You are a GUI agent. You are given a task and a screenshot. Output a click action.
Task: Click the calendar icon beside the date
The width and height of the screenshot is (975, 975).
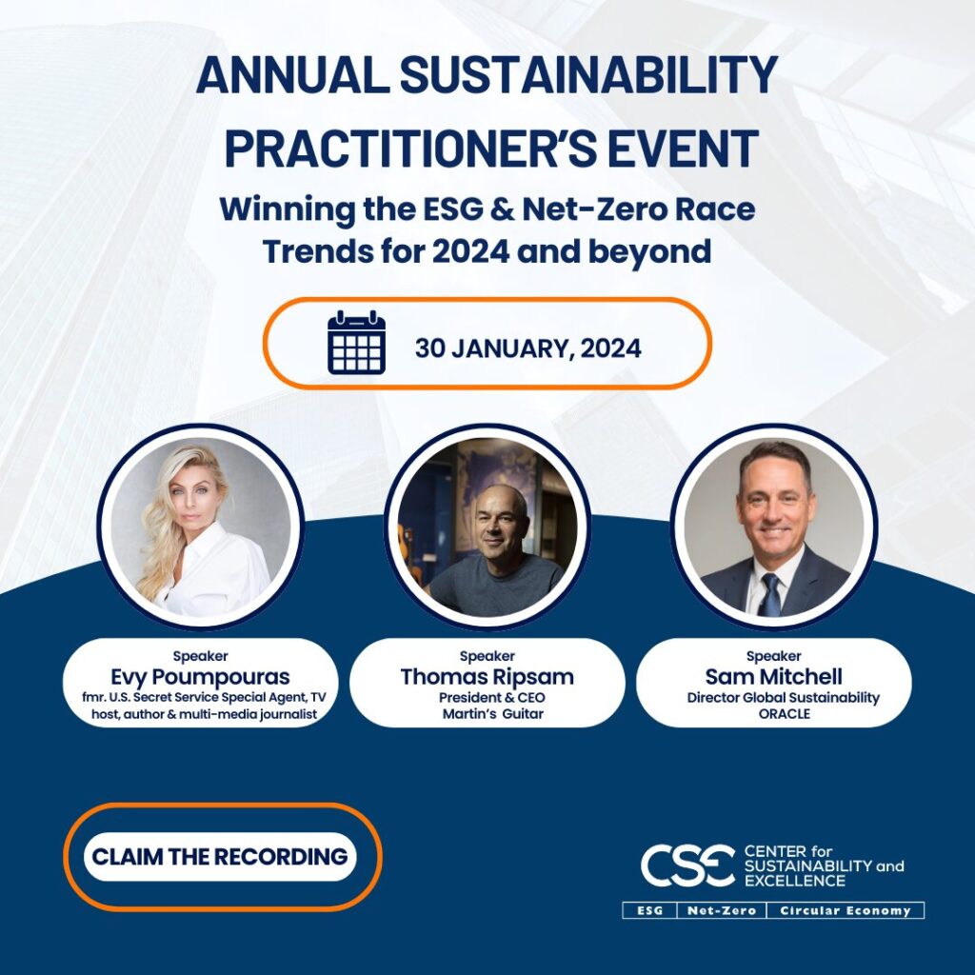(356, 343)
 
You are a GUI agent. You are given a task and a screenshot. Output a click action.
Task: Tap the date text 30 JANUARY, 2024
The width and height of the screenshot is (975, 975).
(527, 348)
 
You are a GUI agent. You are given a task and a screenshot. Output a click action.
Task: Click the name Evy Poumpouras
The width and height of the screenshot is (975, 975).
(200, 677)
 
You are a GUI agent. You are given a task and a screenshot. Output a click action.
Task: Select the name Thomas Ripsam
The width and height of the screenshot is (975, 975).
(487, 677)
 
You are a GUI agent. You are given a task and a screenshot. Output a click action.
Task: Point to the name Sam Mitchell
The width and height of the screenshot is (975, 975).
(773, 677)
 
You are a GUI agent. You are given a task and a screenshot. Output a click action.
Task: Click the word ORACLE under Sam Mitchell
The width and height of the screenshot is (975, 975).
(773, 714)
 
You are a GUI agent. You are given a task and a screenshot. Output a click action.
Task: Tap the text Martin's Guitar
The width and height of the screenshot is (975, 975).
(487, 714)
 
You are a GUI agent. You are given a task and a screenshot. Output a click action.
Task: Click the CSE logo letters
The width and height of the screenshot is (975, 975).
(686, 865)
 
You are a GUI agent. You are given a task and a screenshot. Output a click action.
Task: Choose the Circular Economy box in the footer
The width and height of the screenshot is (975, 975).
(845, 910)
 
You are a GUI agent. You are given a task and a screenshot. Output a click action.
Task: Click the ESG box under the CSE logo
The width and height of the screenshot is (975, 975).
(650, 910)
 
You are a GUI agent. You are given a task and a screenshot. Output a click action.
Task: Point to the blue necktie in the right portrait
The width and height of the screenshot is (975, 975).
(769, 595)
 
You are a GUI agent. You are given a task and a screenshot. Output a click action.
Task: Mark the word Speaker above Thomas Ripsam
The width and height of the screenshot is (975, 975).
(487, 656)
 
